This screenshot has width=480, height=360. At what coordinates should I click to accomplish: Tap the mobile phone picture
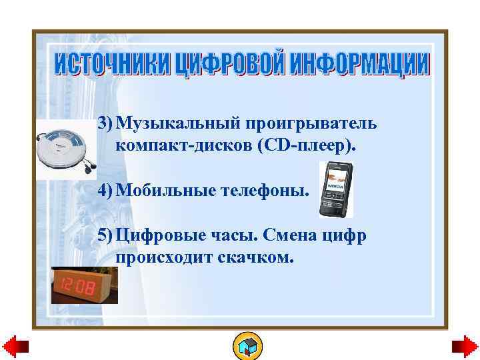point(335,190)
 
